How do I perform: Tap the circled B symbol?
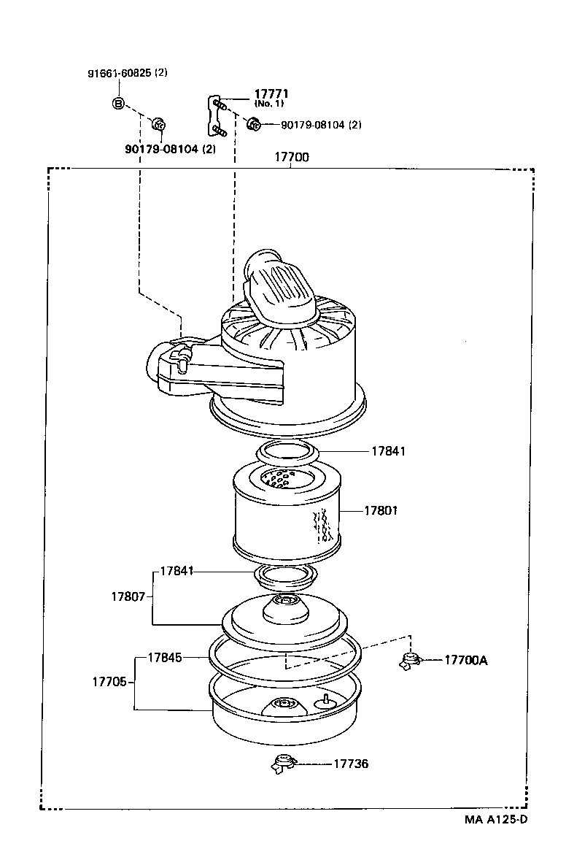pyautogui.click(x=118, y=103)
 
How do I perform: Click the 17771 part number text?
pyautogui.click(x=271, y=93)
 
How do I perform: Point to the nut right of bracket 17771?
pyautogui.click(x=254, y=124)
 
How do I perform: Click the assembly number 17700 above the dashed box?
pyautogui.click(x=291, y=157)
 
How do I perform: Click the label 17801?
pyautogui.click(x=381, y=511)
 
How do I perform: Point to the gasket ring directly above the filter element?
pyautogui.click(x=289, y=452)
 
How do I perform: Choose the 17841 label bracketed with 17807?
pyautogui.click(x=177, y=570)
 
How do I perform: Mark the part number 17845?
pyautogui.click(x=164, y=657)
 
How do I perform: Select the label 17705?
pyautogui.click(x=109, y=682)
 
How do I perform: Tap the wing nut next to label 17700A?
pyautogui.click(x=411, y=661)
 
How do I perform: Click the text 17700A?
pyautogui.click(x=465, y=660)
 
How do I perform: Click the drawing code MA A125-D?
pyautogui.click(x=495, y=819)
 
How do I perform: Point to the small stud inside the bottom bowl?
pyautogui.click(x=322, y=701)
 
